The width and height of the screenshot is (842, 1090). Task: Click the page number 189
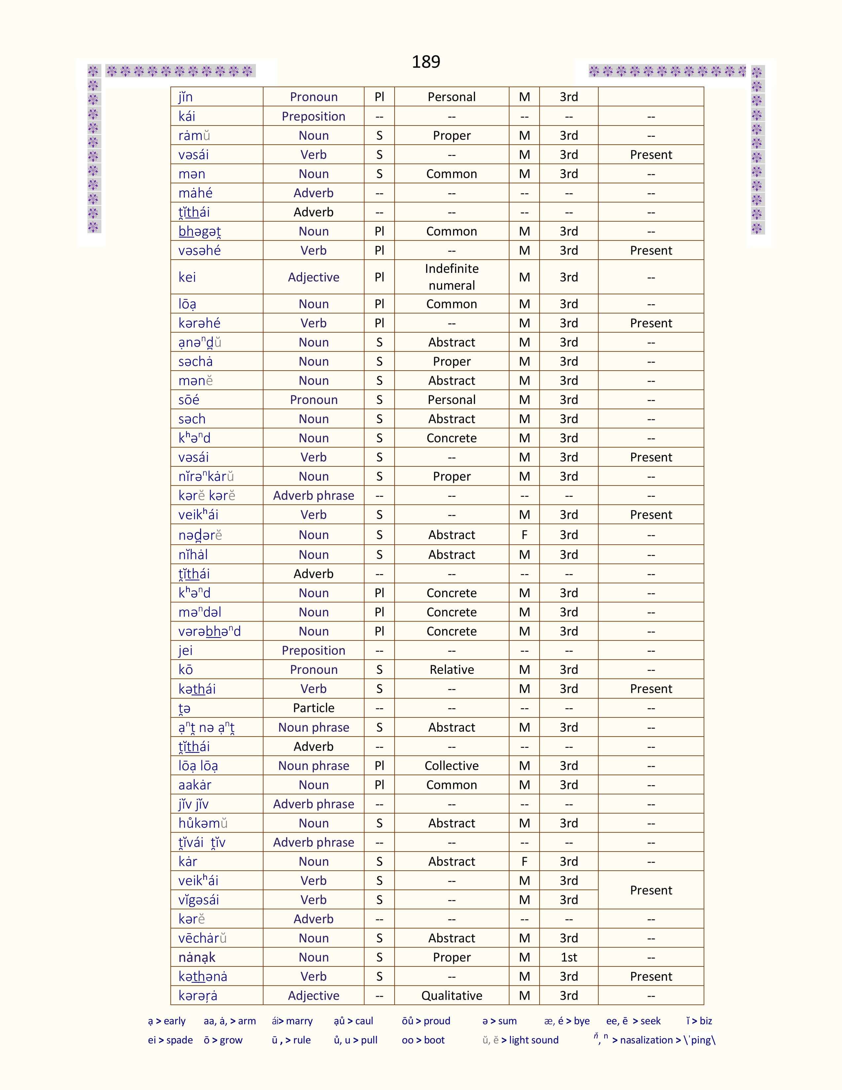pos(426,61)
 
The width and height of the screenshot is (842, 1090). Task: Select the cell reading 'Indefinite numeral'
pos(451,277)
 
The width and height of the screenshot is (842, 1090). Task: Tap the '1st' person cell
pos(569,957)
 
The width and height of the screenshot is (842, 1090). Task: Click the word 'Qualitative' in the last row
pos(451,995)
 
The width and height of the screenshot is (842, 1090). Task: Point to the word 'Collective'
pos(451,766)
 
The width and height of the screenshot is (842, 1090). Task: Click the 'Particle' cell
pos(313,708)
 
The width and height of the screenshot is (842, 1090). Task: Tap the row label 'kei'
pos(187,277)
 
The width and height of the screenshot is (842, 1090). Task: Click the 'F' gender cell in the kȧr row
pos(524,861)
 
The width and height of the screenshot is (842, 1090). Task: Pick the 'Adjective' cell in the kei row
pos(313,277)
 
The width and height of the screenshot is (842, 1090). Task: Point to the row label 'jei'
pos(186,650)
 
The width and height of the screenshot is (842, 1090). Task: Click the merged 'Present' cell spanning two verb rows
pos(650,890)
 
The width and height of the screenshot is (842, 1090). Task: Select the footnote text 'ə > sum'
pos(499,1021)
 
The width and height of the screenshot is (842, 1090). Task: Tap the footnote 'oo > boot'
pos(423,1040)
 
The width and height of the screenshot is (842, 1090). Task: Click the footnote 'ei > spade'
pos(170,1040)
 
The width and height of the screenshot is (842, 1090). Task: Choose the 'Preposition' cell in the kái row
pos(313,116)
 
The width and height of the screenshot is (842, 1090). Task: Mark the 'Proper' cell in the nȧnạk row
pos(451,957)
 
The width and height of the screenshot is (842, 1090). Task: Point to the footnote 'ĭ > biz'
pos(699,1021)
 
